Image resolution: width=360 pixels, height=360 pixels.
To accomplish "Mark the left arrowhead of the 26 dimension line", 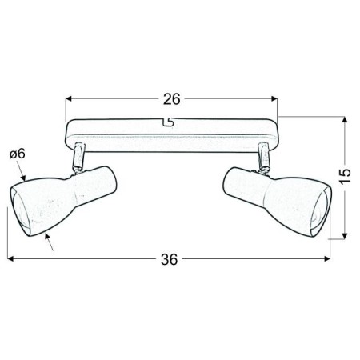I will click(x=68, y=99).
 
